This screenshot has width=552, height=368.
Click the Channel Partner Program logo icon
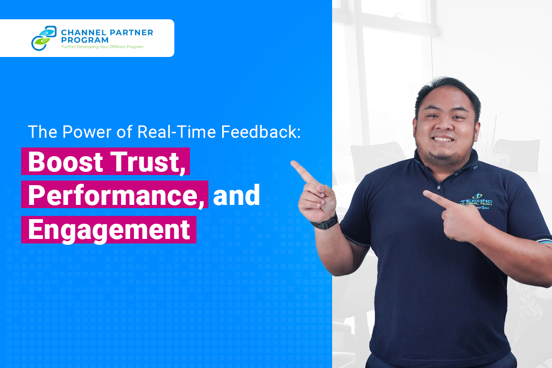click(x=44, y=38)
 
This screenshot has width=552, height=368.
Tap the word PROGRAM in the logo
click(x=85, y=40)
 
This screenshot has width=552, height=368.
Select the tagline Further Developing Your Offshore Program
click(x=103, y=47)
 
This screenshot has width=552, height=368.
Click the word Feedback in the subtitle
click(x=261, y=132)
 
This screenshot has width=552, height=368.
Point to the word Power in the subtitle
click(x=87, y=132)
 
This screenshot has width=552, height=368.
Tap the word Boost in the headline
click(x=65, y=162)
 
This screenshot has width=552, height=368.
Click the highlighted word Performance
click(x=116, y=195)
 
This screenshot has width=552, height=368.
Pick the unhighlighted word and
click(x=236, y=195)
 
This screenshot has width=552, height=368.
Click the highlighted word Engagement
click(x=109, y=230)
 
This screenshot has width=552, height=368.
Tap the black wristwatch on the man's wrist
click(x=325, y=223)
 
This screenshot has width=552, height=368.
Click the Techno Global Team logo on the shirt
click(x=477, y=202)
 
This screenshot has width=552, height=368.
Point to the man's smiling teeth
click(x=443, y=139)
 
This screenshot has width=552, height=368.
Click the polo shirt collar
click(x=447, y=167)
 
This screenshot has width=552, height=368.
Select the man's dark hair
click(x=448, y=91)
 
